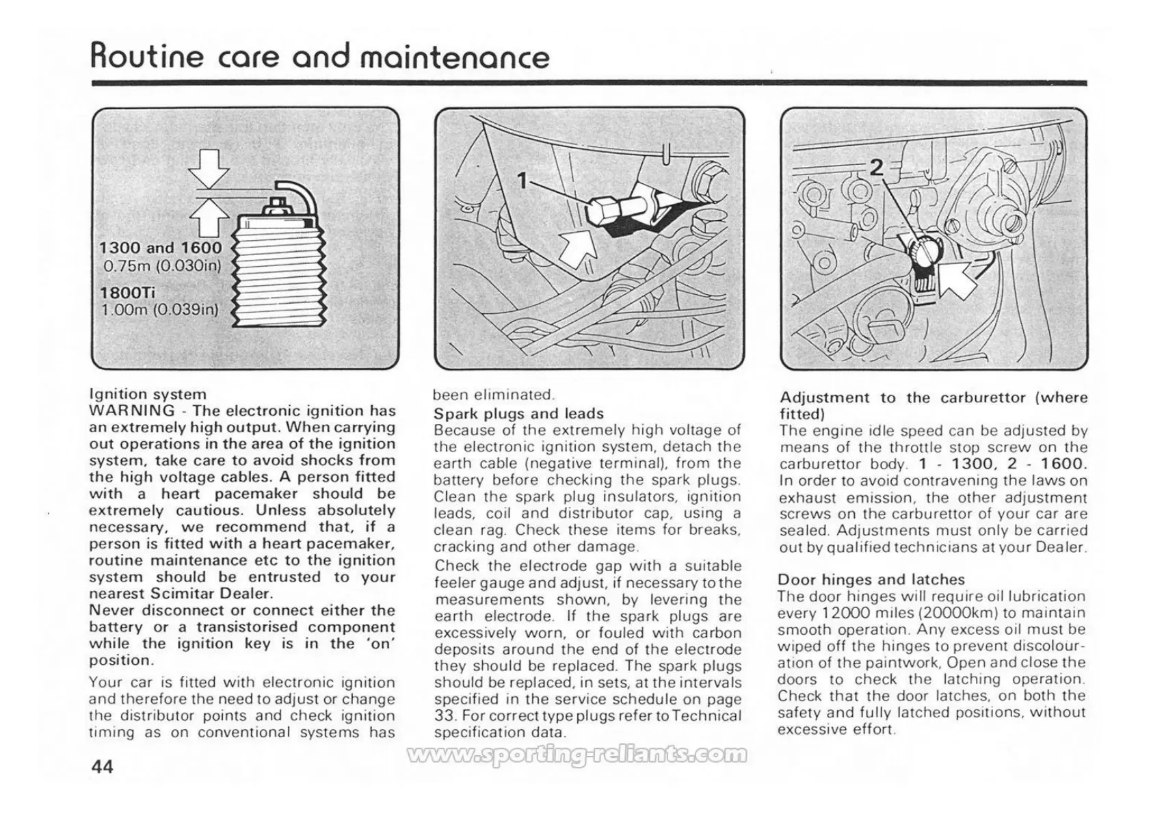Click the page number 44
[x=102, y=767]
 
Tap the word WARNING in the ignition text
[x=131, y=411]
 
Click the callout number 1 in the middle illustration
[x=522, y=181]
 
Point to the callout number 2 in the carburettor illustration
[x=876, y=168]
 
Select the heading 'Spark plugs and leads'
[x=518, y=414]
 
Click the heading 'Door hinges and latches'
[x=871, y=580]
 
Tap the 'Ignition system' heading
[x=148, y=395]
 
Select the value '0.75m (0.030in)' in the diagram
[x=161, y=265]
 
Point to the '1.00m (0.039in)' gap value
[x=159, y=310]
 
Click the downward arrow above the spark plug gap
[x=210, y=167]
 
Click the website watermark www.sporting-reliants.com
[x=576, y=755]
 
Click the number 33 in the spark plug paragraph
[x=442, y=716]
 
